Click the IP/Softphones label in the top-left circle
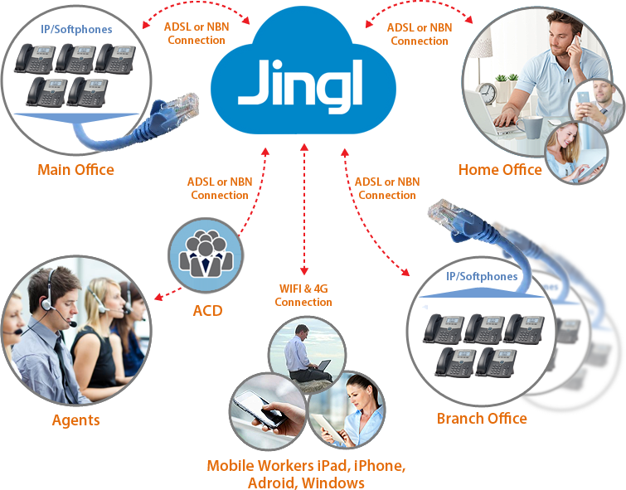point(76,29)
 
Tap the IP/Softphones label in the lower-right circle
point(481,276)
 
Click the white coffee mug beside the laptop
point(531,124)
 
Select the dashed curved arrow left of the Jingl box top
point(195,14)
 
